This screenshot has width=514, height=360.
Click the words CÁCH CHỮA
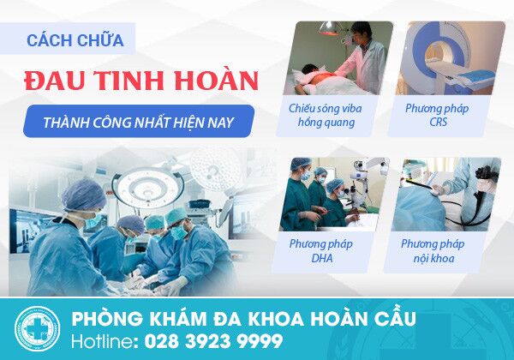[x=75, y=40]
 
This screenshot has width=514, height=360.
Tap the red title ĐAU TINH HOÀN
[x=141, y=80]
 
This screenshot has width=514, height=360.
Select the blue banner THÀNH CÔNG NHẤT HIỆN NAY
[x=139, y=121]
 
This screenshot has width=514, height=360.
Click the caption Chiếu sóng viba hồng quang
[x=326, y=116]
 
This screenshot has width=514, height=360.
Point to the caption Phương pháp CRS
[x=437, y=115]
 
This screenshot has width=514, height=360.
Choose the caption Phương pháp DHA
[x=321, y=251]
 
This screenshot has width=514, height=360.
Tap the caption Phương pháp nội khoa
[x=433, y=251]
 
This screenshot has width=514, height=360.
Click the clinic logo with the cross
[x=37, y=329]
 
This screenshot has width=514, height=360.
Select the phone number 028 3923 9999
[x=213, y=341]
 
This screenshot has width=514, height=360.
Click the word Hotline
[x=103, y=341]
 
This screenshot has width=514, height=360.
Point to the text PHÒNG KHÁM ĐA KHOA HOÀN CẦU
[x=243, y=318]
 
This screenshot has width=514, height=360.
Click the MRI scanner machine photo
[x=451, y=58]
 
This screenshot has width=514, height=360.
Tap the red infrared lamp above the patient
[x=329, y=29]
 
